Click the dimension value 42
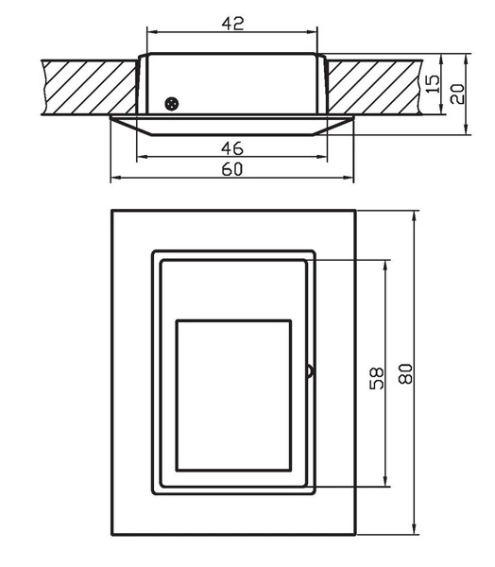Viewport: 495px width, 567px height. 232,23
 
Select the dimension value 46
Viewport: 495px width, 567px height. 232,146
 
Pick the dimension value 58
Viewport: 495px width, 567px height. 376,378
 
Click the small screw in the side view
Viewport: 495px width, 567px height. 171,103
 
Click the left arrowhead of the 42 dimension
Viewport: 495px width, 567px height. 151,33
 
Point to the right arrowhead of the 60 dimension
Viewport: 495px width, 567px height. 350,178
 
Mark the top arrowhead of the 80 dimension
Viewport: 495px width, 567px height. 416,215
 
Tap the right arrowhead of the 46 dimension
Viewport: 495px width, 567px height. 324,156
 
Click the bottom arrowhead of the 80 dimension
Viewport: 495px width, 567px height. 416,531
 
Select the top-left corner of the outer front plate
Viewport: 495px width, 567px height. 112,210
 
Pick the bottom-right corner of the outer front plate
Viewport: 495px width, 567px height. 355,536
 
